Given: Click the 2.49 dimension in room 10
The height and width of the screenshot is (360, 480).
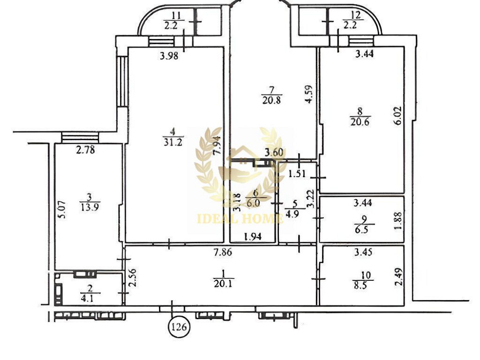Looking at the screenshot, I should tap(397, 276).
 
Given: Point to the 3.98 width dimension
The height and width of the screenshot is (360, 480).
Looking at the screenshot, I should tap(168, 56).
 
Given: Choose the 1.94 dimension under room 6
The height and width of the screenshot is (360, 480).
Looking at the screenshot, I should tap(252, 236).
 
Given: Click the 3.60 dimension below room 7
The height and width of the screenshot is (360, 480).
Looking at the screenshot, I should tap(275, 154).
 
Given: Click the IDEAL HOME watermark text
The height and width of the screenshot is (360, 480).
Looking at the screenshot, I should tap(240, 219).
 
